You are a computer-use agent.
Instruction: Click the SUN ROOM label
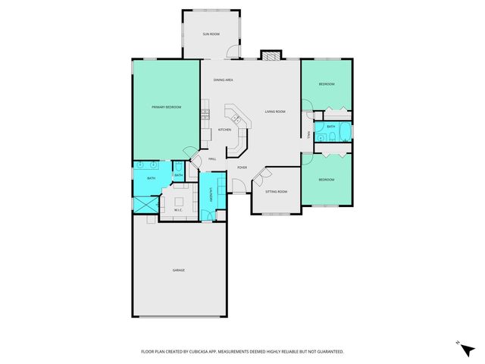click(211, 34)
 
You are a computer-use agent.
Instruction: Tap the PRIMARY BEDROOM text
click(166, 107)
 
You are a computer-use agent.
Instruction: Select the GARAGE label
click(178, 270)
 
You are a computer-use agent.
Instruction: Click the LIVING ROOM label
click(274, 111)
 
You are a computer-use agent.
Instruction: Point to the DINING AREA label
click(223, 80)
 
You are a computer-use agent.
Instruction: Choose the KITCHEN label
click(224, 130)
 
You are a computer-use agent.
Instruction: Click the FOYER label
click(242, 167)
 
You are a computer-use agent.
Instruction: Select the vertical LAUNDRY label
click(210, 196)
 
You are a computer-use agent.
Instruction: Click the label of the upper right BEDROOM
click(326, 84)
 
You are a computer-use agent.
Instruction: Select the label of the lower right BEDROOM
click(326, 180)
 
